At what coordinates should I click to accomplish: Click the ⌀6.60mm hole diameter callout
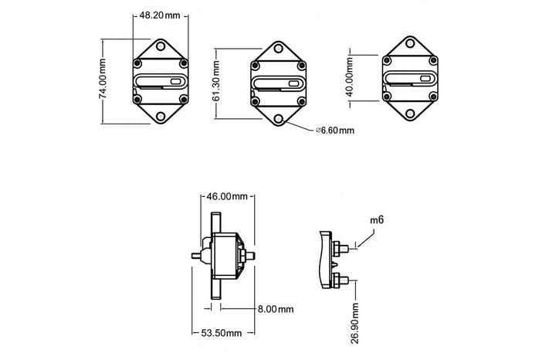coord(334,131)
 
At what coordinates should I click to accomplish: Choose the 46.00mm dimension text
coord(228,196)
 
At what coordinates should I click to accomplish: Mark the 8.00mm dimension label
coord(276,310)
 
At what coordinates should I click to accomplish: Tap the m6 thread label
coord(377,220)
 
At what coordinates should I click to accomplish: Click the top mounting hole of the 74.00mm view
coord(161,48)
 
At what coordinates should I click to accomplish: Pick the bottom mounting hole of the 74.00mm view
coord(161,116)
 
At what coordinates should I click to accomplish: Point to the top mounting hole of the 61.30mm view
coord(279,49)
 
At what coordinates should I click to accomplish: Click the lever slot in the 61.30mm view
coord(279,83)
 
